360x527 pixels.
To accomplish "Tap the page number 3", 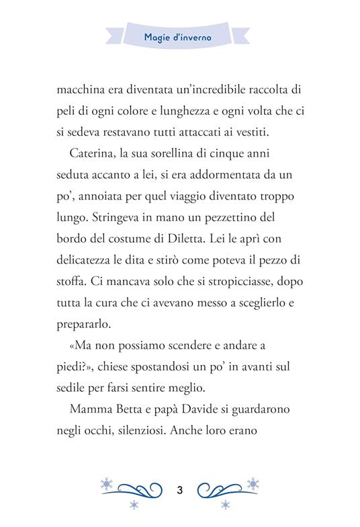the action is pos(179,489).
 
